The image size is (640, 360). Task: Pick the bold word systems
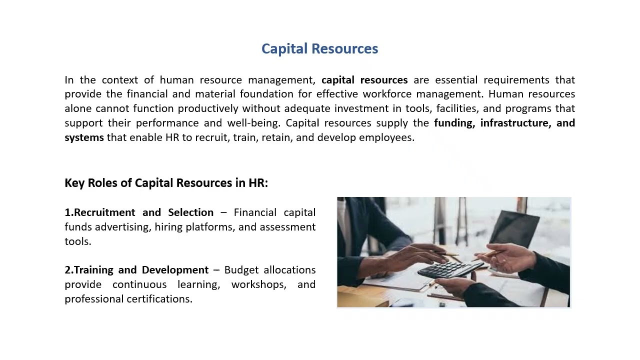[x=84, y=137]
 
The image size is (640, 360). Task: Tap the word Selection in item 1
[x=190, y=212]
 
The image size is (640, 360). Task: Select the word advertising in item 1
[x=122, y=227]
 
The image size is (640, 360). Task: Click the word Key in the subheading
[x=74, y=183]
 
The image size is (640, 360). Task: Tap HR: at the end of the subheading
[x=258, y=183]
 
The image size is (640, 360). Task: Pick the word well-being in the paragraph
[x=253, y=123]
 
